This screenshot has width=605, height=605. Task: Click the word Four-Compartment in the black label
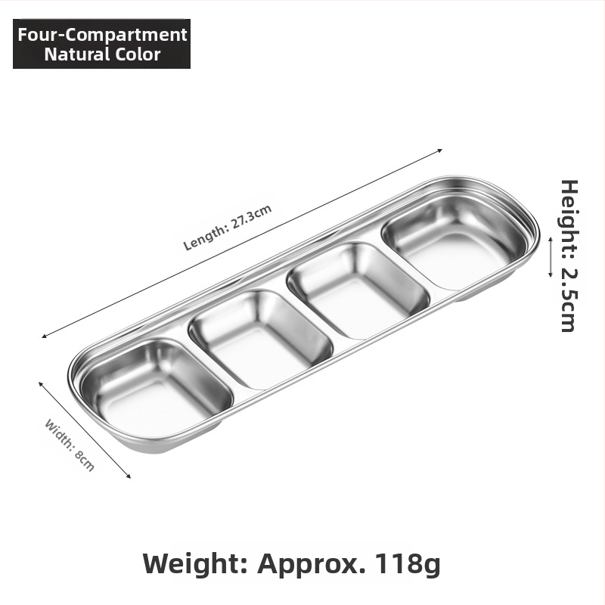point(102,35)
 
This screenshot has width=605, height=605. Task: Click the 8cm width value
point(85,461)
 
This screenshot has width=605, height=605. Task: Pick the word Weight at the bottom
point(195,564)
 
